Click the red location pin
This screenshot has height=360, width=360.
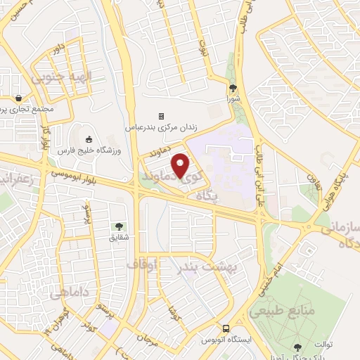[x=181, y=165]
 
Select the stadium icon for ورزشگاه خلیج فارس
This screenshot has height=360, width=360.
[x=89, y=139]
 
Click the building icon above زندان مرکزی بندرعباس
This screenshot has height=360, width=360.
[x=161, y=116]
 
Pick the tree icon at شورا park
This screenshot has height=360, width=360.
[x=233, y=88]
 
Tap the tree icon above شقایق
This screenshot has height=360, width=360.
[x=118, y=226]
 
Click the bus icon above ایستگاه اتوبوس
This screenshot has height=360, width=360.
[x=226, y=328]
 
